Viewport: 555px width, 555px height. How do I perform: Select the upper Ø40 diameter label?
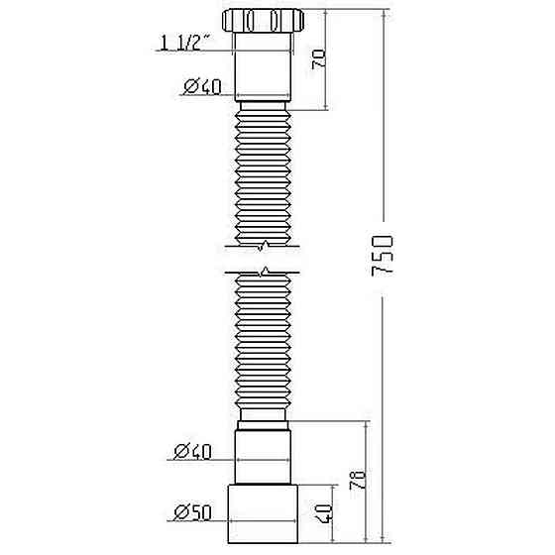pos(201,87)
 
